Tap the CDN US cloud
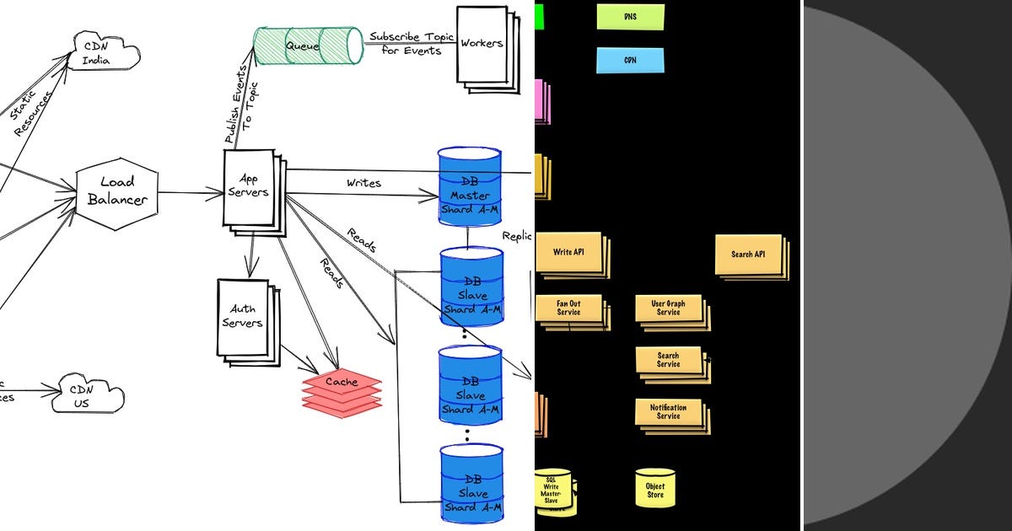[88, 396]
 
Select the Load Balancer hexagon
[117, 191]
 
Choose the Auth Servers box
[243, 317]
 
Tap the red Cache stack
[342, 392]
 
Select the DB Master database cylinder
[469, 187]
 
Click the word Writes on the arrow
[363, 183]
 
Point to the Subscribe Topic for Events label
[411, 44]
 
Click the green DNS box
[630, 17]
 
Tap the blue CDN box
[630, 61]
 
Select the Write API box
[568, 253]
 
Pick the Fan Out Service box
[568, 308]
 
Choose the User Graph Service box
[669, 308]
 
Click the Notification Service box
[669, 412]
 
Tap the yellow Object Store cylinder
[655, 488]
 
